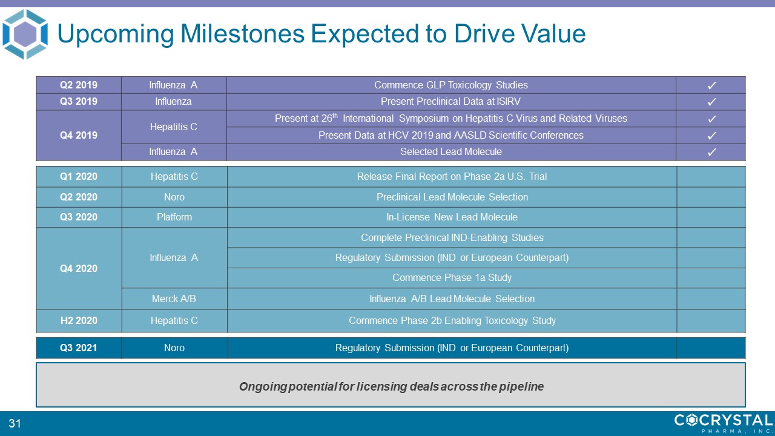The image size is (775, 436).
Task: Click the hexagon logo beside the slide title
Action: (25, 34)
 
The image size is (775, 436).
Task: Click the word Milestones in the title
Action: (242, 33)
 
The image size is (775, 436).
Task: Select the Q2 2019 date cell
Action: (79, 85)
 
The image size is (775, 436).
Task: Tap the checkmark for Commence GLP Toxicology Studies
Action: (711, 85)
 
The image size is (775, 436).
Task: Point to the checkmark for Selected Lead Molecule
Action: (711, 152)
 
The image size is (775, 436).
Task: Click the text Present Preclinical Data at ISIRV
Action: (450, 101)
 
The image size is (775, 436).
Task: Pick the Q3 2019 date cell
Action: (79, 102)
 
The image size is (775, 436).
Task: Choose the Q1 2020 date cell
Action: (79, 176)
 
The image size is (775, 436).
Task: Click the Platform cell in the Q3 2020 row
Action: (174, 217)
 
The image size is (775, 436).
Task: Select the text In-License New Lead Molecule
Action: (452, 217)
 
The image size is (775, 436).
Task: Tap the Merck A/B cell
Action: (174, 299)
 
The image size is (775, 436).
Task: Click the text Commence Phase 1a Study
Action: (452, 277)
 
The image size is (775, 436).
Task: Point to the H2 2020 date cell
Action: (79, 320)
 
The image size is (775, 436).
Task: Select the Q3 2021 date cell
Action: (79, 348)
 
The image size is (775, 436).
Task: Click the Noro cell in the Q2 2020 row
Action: (174, 197)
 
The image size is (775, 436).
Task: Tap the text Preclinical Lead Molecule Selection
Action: (452, 197)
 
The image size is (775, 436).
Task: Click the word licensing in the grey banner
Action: (381, 386)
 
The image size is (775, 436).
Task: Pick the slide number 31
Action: (15, 423)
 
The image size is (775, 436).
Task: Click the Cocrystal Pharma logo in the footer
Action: (724, 423)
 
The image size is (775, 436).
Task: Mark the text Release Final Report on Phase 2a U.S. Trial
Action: (452, 176)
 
